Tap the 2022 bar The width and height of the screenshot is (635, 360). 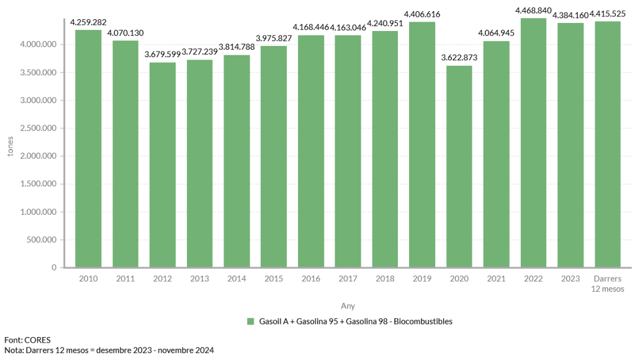coord(533,143)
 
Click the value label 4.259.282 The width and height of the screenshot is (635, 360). coord(88,22)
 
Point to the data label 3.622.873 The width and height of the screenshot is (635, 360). coord(460,58)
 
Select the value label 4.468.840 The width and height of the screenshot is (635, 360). coord(533,10)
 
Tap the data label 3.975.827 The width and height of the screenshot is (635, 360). coord(274,38)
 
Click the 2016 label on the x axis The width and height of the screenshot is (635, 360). coord(311,279)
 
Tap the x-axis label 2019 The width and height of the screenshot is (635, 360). coord(422,279)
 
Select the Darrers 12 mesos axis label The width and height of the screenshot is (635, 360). coord(608,283)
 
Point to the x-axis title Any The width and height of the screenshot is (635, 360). coord(348,306)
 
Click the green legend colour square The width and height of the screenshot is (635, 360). coord(251,322)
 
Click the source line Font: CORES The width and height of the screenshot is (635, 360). coord(27,340)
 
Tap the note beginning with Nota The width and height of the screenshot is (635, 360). coord(109,351)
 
